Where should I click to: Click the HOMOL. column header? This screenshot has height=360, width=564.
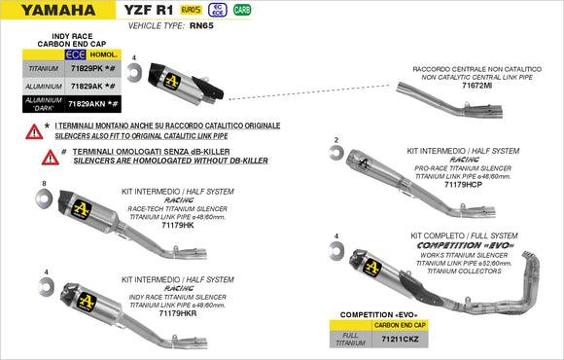[108, 55]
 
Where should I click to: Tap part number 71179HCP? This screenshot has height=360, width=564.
[463, 184]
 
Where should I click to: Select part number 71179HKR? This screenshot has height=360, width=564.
[178, 314]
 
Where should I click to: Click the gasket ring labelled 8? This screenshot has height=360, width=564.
[44, 198]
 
